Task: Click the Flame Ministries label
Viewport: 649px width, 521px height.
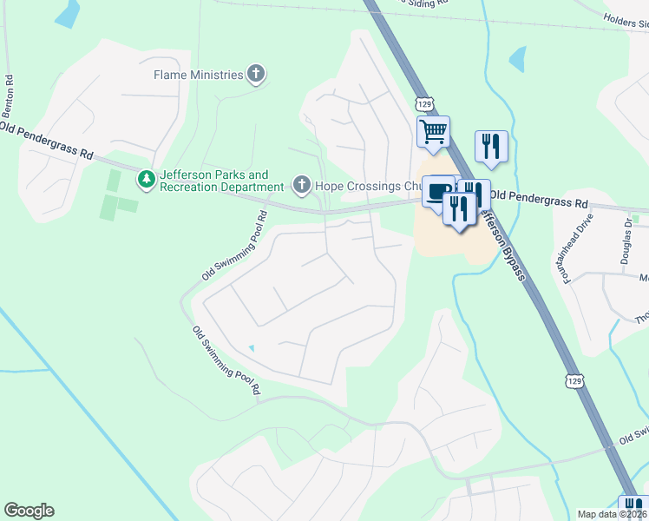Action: coord(198,75)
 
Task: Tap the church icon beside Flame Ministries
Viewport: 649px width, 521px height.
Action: coord(255,75)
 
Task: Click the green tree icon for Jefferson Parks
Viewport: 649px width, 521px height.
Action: coord(146,180)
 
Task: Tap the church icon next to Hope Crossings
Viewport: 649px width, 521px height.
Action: coord(301,185)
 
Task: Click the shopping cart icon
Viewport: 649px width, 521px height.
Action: coord(432,132)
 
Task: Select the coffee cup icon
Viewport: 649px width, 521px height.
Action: coord(439,190)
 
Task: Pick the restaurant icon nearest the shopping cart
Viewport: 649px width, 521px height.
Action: coord(491,146)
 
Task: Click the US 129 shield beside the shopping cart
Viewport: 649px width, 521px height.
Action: coord(425,104)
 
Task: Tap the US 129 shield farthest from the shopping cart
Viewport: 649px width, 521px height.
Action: coord(574,382)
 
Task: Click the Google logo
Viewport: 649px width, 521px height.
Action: coord(29,511)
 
